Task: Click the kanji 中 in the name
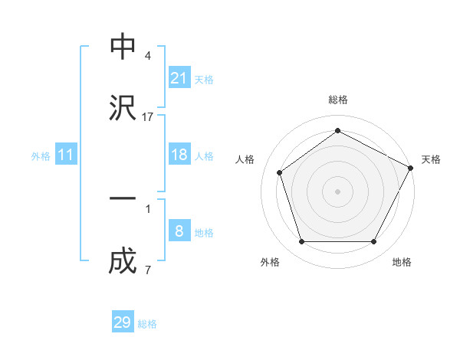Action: pos(123,47)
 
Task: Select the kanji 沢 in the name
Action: pos(123,108)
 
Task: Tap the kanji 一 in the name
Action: pos(123,198)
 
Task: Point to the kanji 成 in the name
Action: pos(123,261)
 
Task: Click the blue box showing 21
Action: pos(179,78)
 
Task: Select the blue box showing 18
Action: pos(179,155)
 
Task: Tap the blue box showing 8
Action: pos(179,231)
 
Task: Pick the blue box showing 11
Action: pos(66,155)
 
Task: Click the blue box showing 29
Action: pos(123,322)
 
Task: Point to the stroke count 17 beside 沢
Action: pos(148,117)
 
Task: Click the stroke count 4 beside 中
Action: pos(148,56)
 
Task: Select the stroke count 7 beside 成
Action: pos(148,270)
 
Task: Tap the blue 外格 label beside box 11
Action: pos(41,155)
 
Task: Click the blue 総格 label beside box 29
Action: pos(147,323)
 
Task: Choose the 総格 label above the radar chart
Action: pos(338,100)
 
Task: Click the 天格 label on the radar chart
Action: pos(431,159)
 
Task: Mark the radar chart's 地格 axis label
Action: pos(402,262)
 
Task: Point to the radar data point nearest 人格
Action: pos(280,172)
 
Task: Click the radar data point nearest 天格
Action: pos(412,167)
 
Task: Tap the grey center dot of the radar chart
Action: pos(337,190)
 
